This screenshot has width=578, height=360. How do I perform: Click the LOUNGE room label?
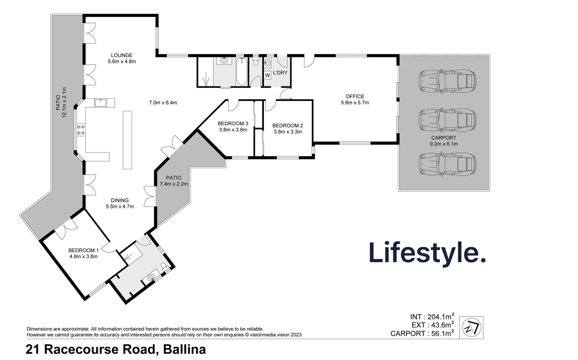122,55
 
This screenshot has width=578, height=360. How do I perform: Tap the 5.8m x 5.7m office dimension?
355,103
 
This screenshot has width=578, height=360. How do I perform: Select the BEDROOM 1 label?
83,250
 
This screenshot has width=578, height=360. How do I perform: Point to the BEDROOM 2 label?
287,126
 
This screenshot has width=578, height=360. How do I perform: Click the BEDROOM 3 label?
233,124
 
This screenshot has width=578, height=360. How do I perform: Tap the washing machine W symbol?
267,75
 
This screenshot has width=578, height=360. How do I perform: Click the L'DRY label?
280,73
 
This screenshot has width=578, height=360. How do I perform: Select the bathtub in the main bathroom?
241,71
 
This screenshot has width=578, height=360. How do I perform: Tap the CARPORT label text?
444,138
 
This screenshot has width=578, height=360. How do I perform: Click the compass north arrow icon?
471,328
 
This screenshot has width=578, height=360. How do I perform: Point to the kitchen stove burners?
81,129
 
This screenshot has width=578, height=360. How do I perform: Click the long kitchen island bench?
127,140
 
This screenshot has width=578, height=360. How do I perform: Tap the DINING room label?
120,200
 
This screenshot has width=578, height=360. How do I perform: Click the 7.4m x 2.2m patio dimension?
174,184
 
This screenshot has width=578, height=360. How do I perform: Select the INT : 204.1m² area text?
432,317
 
